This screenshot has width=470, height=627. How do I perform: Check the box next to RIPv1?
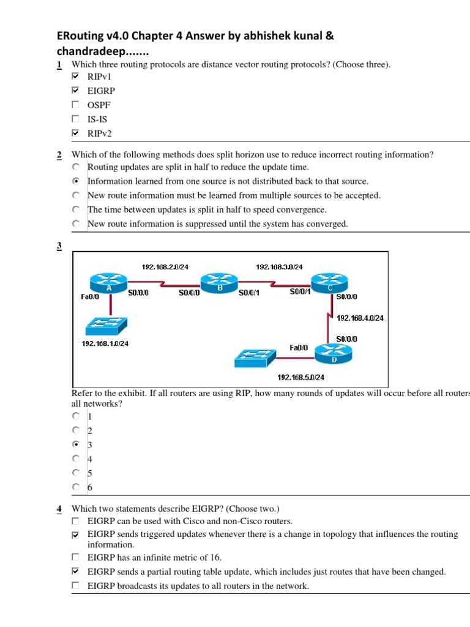[75, 77]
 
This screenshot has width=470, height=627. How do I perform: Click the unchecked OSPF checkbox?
[75, 105]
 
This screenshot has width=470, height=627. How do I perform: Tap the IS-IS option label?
[97, 119]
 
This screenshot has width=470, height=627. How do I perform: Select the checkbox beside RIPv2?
[75, 133]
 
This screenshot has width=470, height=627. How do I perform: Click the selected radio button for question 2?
[75, 181]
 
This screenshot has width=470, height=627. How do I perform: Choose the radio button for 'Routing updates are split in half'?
[75, 167]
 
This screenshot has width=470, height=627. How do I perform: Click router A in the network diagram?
[108, 283]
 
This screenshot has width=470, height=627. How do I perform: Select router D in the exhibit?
[334, 353]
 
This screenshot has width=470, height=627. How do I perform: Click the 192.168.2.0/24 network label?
[165, 267]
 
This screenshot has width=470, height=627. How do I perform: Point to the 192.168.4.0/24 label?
[360, 318]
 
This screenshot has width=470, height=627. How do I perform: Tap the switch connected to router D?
[256, 358]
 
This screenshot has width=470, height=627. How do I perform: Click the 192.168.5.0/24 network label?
[300, 377]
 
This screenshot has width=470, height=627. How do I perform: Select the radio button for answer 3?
[75, 445]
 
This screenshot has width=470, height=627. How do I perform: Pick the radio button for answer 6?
[75, 487]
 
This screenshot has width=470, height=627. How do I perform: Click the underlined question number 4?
[59, 509]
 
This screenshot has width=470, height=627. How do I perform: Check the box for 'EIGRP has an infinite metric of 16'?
[75, 557]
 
